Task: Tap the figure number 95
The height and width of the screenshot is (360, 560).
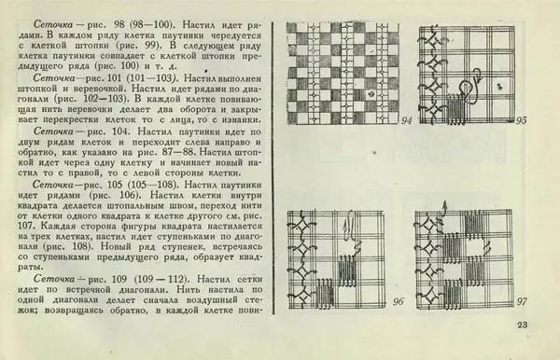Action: (x=522, y=121)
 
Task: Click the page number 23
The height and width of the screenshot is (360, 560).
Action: (x=521, y=325)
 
